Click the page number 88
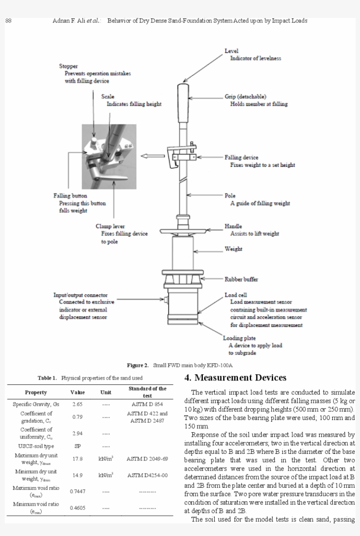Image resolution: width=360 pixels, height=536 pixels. point(8,21)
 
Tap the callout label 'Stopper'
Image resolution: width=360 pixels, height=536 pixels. point(68,66)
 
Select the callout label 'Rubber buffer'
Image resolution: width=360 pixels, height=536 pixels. point(241,279)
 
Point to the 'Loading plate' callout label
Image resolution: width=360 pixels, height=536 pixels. point(239,338)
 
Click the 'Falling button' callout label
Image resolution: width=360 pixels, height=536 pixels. point(70,196)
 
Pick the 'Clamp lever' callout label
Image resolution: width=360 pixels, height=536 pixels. point(110,226)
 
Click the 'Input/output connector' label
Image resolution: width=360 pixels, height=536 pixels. point(80,295)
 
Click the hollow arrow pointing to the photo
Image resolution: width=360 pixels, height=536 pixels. point(151,155)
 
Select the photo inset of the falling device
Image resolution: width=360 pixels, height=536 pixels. point(108,156)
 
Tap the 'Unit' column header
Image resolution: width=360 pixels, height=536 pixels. point(105,392)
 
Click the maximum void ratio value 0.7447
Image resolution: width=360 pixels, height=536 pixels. point(77,491)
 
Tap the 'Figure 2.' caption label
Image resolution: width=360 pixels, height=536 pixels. point(138,365)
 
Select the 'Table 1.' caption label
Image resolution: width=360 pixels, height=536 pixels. point(47,378)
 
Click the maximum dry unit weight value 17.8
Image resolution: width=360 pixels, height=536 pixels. point(77,459)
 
